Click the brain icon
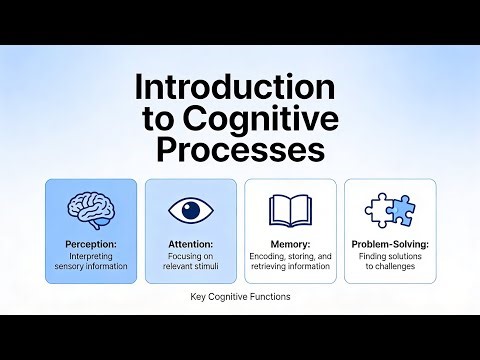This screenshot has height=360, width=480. coord(91,209)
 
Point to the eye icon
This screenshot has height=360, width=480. coord(190,209)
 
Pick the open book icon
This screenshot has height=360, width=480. coord(290,209)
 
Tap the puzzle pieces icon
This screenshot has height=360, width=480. coord(390,209)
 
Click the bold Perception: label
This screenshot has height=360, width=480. coord(91,243)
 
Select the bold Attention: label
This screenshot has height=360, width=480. coord(190,243)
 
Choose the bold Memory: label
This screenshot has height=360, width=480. coord(290,243)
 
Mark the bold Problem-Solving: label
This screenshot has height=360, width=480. coord(390,243)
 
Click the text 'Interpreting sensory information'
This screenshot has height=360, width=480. coord(91,261)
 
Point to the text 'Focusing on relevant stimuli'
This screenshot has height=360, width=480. coord(190,261)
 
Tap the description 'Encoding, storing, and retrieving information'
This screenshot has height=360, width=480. coord(290,261)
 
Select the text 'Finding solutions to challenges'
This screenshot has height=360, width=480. coord(390,261)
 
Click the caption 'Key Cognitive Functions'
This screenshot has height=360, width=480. coord(239,297)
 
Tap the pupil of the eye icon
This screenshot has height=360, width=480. coord(190,209)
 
